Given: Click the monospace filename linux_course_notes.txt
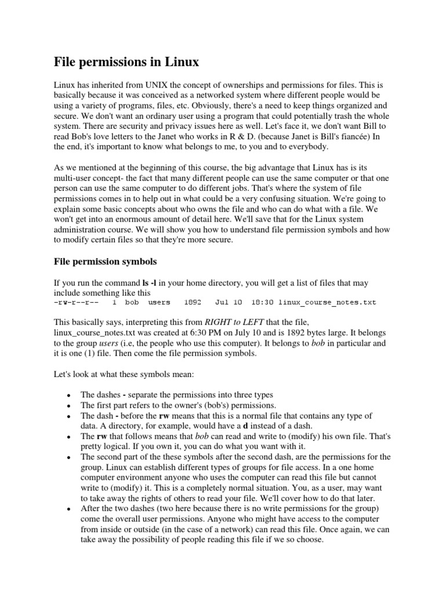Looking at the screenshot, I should point(327,302).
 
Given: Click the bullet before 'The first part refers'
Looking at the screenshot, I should point(69,405).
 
